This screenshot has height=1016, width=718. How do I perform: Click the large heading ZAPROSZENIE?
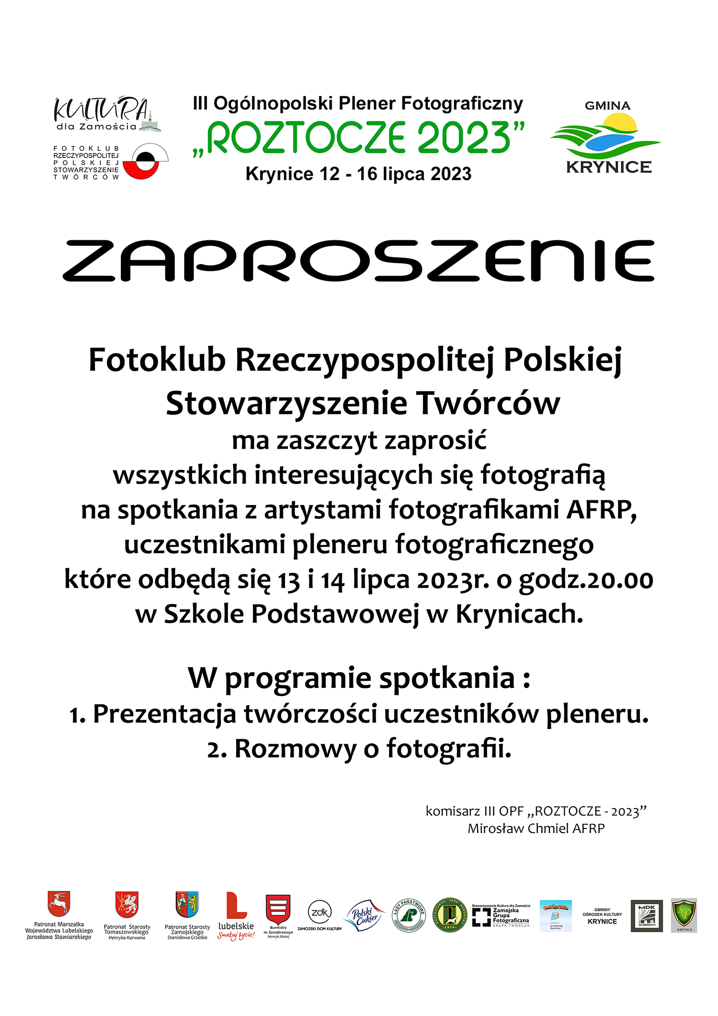point(358,261)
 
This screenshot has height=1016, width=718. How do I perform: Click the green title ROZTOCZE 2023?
point(358,138)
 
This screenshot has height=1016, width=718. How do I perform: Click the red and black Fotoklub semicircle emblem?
point(144,162)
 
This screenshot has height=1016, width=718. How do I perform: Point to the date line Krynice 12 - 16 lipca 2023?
point(358,174)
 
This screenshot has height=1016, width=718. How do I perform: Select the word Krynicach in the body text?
point(519,614)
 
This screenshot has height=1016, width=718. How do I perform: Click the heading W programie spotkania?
point(358,678)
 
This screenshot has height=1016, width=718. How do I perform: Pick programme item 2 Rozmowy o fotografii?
point(358,749)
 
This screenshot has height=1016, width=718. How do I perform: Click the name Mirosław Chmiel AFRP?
point(536,829)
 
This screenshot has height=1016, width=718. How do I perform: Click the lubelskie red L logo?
point(236,907)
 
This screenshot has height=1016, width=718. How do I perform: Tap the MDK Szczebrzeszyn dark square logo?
point(646,916)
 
